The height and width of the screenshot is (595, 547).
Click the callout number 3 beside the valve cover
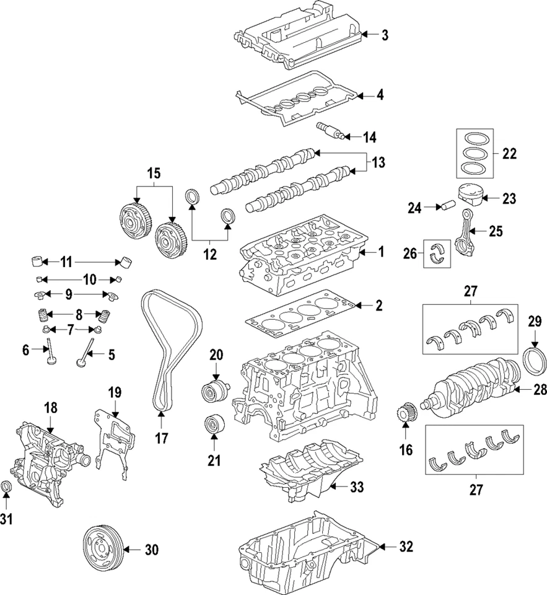point(385,35)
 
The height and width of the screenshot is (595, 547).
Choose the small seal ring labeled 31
point(7,488)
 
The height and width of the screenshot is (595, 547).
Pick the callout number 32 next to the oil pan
point(405,547)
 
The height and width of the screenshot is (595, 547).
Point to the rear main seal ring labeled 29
point(535,363)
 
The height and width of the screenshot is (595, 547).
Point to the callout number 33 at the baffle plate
point(356,487)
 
